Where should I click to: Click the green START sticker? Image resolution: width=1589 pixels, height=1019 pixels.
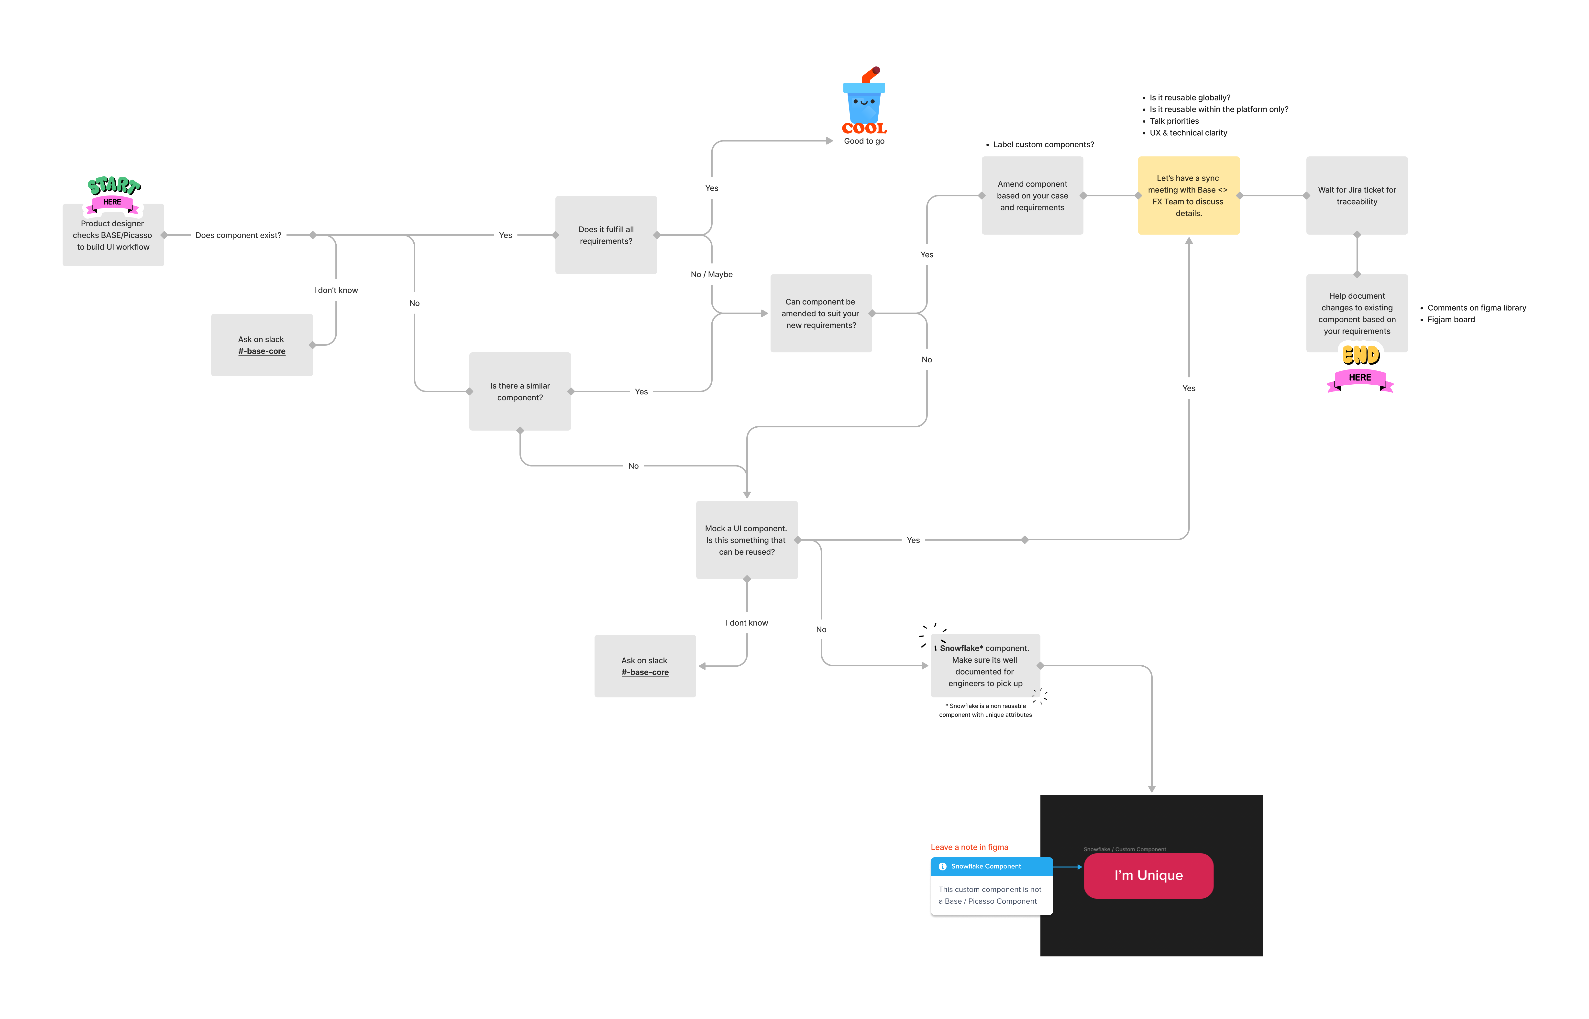pyautogui.click(x=114, y=185)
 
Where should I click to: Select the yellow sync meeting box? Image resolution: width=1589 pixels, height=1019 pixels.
pyautogui.click(x=1188, y=195)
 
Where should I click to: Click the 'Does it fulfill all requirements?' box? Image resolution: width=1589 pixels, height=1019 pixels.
pyautogui.click(x=606, y=235)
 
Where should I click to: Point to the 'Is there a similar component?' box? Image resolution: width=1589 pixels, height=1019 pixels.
pyautogui.click(x=519, y=391)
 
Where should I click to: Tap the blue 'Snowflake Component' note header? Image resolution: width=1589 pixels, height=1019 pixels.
pyautogui.click(x=991, y=866)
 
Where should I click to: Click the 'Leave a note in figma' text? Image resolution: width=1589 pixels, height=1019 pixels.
pyautogui.click(x=969, y=847)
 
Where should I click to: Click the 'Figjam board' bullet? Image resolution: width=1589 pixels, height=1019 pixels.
pyautogui.click(x=1451, y=320)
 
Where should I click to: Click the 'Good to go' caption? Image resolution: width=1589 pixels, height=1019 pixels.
pyautogui.click(x=864, y=141)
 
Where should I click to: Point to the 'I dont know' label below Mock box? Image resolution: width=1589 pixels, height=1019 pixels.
pyautogui.click(x=747, y=623)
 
